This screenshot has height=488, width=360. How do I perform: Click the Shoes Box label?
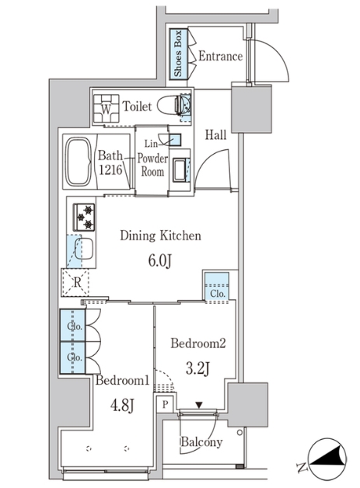pos(178,54)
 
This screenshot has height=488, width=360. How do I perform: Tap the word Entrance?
pos(221,56)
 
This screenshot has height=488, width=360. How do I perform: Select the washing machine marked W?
pos(107,109)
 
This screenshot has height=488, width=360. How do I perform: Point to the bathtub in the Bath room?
pos(79,162)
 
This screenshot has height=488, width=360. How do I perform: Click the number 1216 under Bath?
pos(110,169)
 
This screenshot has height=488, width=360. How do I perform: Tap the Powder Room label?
pos(152,165)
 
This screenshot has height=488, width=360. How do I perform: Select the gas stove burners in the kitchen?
pos(84,218)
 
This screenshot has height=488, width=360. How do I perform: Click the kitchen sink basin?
pos(83,249)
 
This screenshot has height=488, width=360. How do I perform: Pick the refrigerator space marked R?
pos(75,283)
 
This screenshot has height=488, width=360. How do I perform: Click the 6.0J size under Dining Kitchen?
pos(159,261)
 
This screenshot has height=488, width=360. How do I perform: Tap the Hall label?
pos(215,135)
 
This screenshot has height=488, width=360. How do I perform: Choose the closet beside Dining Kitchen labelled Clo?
pos(217,286)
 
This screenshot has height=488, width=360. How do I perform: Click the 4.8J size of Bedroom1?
pos(122,406)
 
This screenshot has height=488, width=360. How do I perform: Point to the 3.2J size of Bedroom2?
pos(197,369)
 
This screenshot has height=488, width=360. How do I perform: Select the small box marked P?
pos(165,405)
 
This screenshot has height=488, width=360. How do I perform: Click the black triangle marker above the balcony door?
pos(199,405)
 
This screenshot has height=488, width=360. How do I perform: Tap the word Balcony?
pos(202,442)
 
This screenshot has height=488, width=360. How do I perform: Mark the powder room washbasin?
pos(180,169)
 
